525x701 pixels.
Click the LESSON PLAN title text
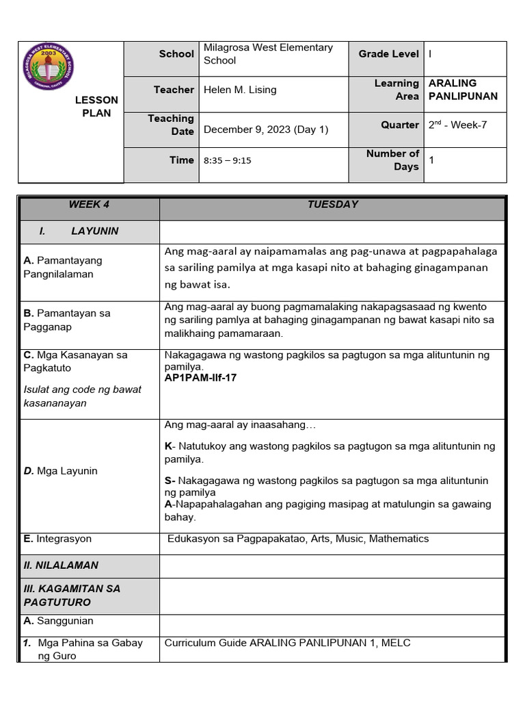(x=96, y=106)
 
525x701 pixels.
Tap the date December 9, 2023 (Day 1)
(x=266, y=129)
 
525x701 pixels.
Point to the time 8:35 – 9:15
(x=228, y=160)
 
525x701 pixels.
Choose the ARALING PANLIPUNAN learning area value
(x=463, y=90)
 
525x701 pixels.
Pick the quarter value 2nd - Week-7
(x=457, y=125)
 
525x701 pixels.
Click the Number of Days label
(x=392, y=160)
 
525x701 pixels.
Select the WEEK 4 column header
(x=89, y=205)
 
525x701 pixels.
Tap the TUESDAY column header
(x=332, y=205)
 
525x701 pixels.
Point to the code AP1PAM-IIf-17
(x=201, y=377)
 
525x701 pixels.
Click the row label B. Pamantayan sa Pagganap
(x=67, y=320)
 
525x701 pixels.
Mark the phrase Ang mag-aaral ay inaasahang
(x=240, y=425)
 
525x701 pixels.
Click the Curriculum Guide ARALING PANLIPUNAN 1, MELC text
(x=287, y=643)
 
